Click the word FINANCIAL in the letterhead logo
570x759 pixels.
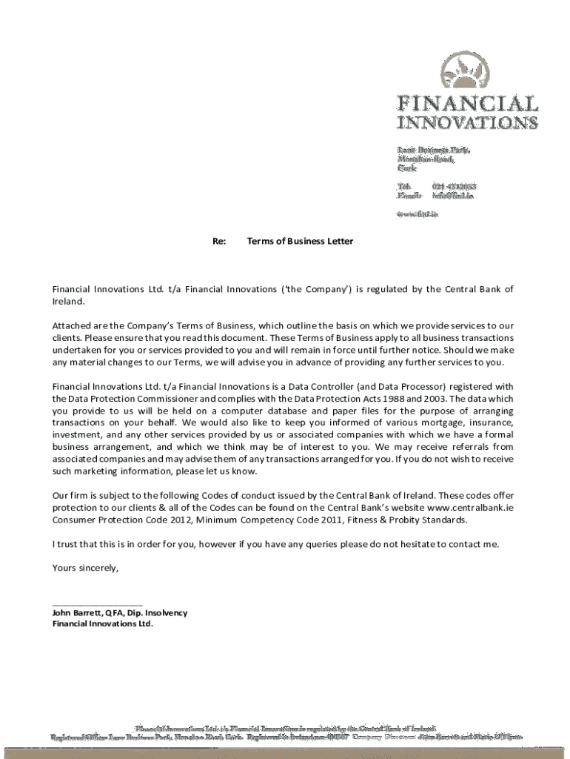point(468,104)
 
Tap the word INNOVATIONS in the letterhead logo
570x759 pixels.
point(468,122)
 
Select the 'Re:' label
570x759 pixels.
point(219,241)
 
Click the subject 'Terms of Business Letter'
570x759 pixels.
point(300,241)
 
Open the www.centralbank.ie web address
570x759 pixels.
point(471,508)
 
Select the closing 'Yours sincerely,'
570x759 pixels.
point(85,568)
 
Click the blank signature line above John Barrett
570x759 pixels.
point(97,605)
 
